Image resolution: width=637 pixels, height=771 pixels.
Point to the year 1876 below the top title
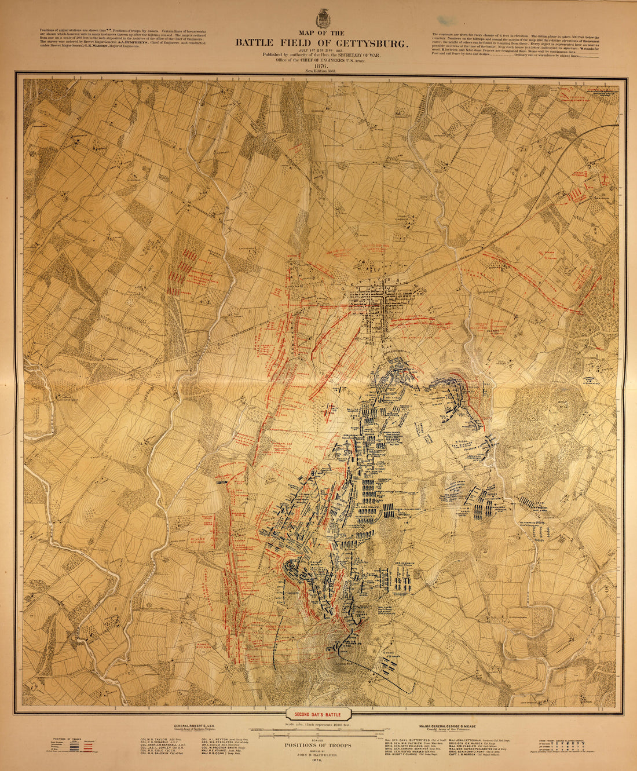pyautogui.click(x=321, y=66)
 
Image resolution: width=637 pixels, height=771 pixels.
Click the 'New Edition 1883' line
pyautogui.click(x=321, y=71)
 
